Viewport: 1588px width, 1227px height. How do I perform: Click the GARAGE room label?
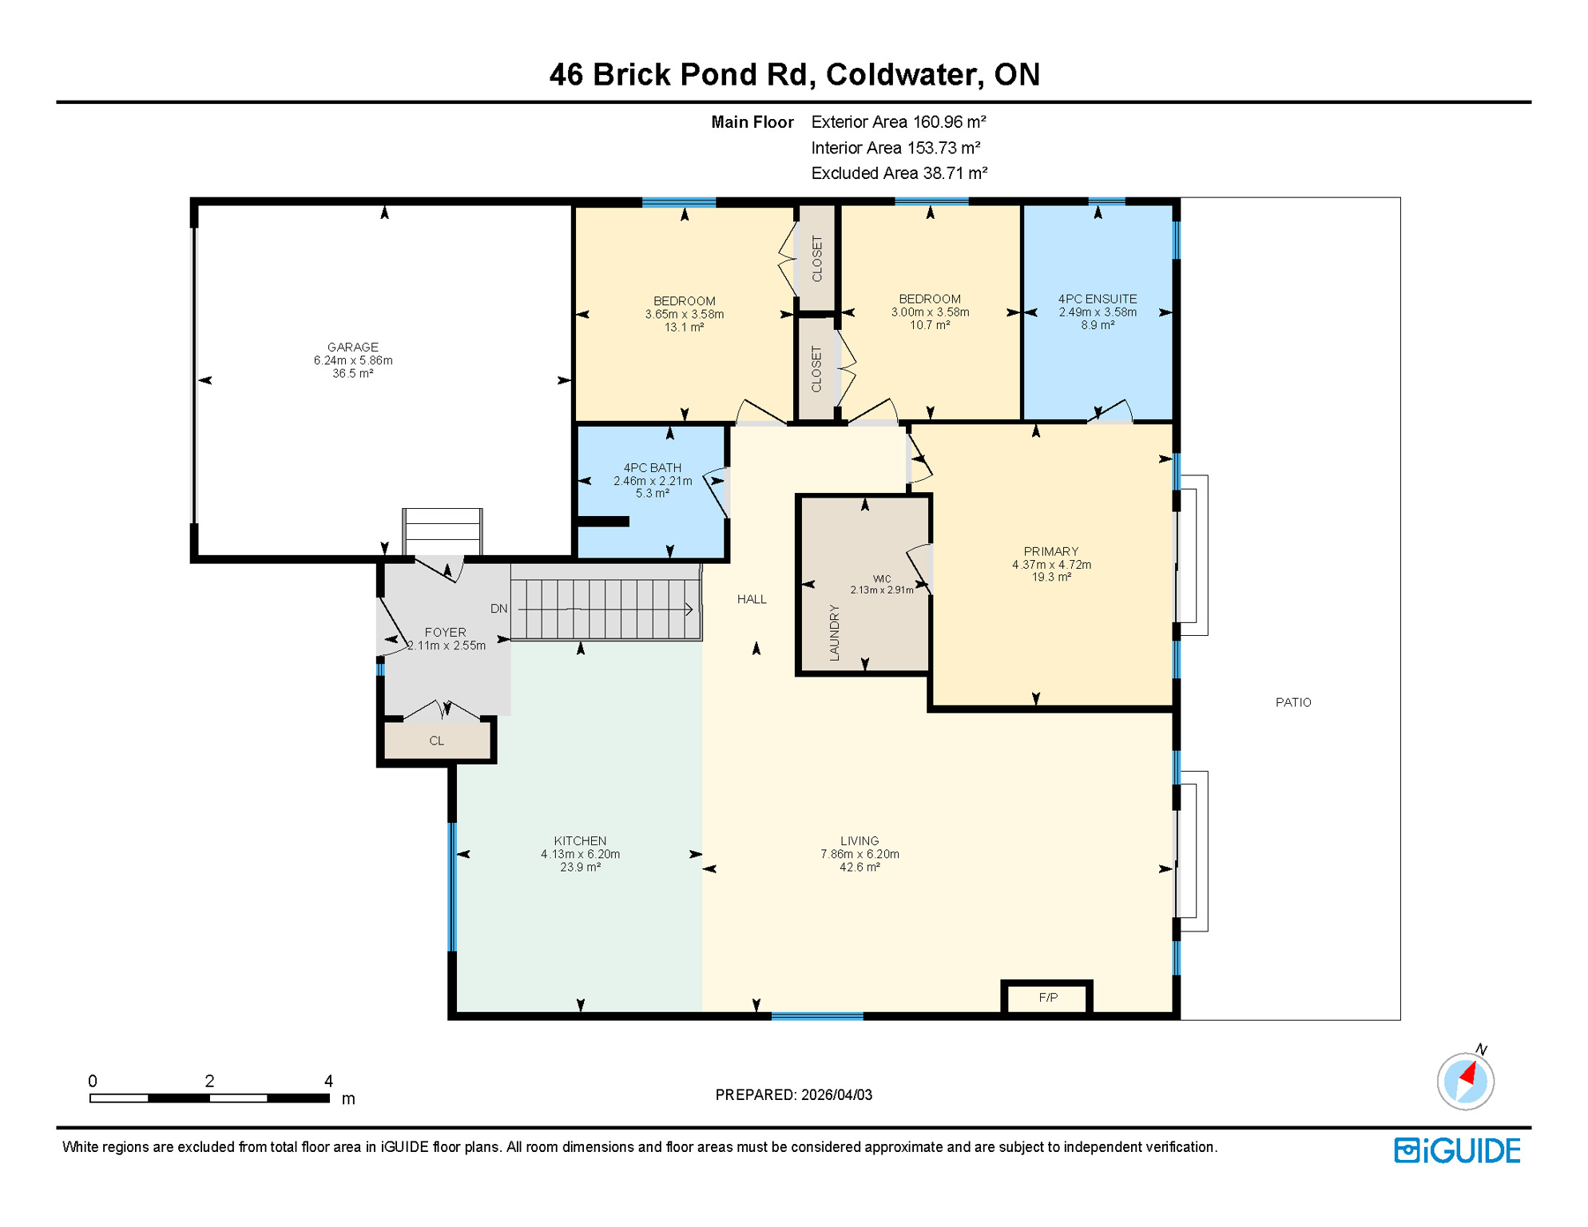pos(352,347)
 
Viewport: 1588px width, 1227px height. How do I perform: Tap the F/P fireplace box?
pos(1047,998)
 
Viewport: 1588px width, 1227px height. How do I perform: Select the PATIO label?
pos(1292,702)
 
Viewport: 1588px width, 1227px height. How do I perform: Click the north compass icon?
pos(1465,1081)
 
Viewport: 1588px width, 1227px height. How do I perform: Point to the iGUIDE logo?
pos(1457,1150)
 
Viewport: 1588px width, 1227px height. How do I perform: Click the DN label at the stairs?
pos(498,609)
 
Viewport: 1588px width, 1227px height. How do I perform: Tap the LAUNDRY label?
pos(834,632)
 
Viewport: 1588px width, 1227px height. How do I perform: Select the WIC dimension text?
pos(881,590)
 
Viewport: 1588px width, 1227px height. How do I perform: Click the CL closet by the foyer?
pos(436,741)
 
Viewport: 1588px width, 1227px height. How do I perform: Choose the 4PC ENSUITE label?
pos(1097,299)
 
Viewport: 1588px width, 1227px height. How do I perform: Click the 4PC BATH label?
pos(652,467)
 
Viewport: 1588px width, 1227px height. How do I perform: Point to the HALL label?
pos(751,599)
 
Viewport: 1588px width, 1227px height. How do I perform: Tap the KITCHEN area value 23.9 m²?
pos(580,867)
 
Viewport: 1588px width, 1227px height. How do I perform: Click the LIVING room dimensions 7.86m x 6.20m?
pos(860,854)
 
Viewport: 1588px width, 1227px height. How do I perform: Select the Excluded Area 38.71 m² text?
pos(899,173)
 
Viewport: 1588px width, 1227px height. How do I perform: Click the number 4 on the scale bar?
pos(328,1081)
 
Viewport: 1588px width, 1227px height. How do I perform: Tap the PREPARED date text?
pos(793,1094)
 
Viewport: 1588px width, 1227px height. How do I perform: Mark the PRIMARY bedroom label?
pos(1050,551)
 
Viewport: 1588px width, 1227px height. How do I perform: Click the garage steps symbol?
pos(442,530)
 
